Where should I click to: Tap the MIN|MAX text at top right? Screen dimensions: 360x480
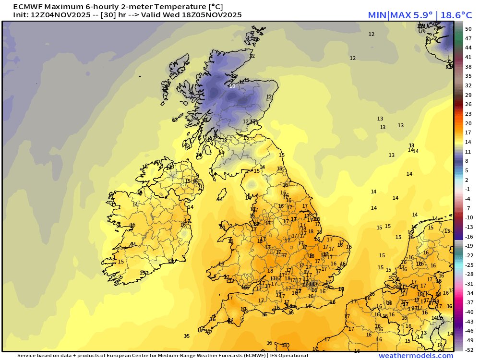pyautogui.click(x=389, y=15)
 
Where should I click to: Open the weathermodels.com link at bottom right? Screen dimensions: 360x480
pyautogui.click(x=416, y=356)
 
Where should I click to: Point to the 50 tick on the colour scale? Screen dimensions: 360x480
pyautogui.click(x=468, y=29)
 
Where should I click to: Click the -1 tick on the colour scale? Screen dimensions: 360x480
pyautogui.click(x=468, y=189)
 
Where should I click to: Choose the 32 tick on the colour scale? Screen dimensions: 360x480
pyautogui.click(x=468, y=85)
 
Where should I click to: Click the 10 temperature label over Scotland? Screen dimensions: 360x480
pyautogui.click(x=232, y=86)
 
